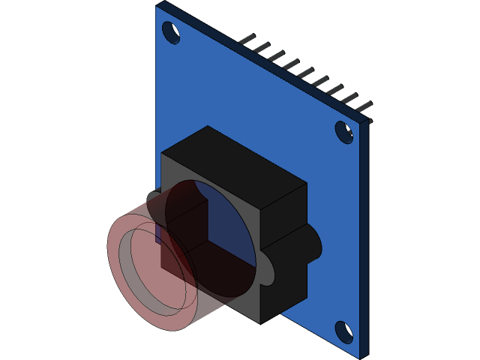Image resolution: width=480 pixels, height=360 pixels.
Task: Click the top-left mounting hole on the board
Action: coord(171,32)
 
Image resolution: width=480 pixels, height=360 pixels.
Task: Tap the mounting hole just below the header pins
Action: coord(344,132)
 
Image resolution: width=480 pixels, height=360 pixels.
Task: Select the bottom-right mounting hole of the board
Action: coord(343,331)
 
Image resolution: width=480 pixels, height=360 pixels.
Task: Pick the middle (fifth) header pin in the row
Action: coord(305,73)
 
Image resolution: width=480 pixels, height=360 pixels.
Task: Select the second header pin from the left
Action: coord(261,47)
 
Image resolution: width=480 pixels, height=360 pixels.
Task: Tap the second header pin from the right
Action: coord(349,98)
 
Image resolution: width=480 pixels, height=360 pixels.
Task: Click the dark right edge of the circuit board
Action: coord(365,240)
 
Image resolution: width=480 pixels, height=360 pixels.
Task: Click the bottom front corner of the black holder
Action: coord(259,321)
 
